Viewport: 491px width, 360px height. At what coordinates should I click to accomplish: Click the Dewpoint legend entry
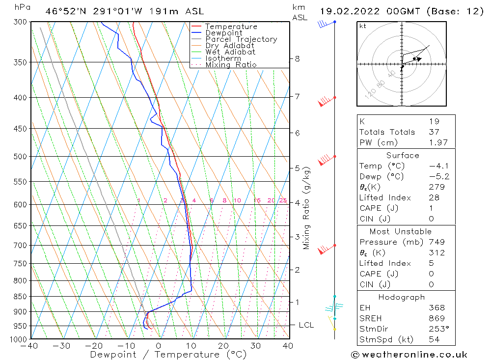pos(223,33)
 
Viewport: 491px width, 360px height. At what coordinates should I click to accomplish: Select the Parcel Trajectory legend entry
pos(241,39)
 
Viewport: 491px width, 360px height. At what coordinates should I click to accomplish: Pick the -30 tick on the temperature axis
pos(61,346)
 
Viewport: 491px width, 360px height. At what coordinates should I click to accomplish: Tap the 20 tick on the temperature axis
pos(223,346)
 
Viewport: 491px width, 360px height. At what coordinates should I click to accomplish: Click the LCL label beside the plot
pos(306,325)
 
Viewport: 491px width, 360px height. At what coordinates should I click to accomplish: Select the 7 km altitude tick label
pos(298,96)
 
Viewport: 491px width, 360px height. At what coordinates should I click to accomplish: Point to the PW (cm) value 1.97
pos(434,142)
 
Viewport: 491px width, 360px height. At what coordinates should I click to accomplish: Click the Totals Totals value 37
pos(434,132)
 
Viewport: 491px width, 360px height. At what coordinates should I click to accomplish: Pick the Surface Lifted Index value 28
pos(434,197)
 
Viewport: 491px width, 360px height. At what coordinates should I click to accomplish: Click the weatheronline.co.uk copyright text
pos(409,355)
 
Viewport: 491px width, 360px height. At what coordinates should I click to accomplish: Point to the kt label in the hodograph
pos(363,27)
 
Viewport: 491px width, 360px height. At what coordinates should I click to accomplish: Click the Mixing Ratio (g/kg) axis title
pos(307,208)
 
